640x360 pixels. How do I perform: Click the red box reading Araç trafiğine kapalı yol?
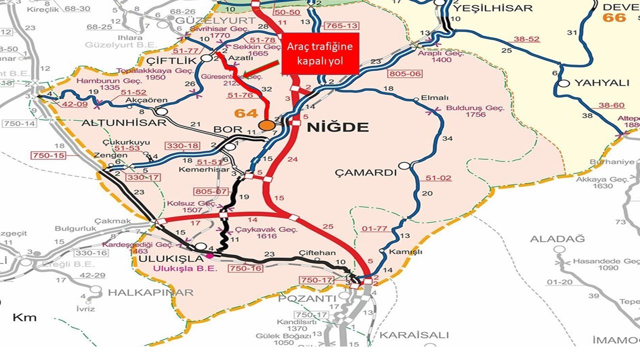[x=320, y=53]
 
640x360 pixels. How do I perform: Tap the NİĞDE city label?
[x=337, y=127]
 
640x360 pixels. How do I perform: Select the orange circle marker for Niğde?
[x=266, y=125]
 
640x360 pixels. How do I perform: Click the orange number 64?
[x=246, y=113]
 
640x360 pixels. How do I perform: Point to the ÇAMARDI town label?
[x=365, y=173]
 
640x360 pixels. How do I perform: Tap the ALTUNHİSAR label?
[x=123, y=123]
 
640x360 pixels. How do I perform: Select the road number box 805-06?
[x=405, y=74]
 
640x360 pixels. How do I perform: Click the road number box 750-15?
[x=48, y=155]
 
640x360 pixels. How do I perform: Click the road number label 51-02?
[x=438, y=178]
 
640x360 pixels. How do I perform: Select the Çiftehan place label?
[x=317, y=253]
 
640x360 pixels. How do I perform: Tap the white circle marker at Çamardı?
[x=404, y=165]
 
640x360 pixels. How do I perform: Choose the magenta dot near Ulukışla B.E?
[x=209, y=256]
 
